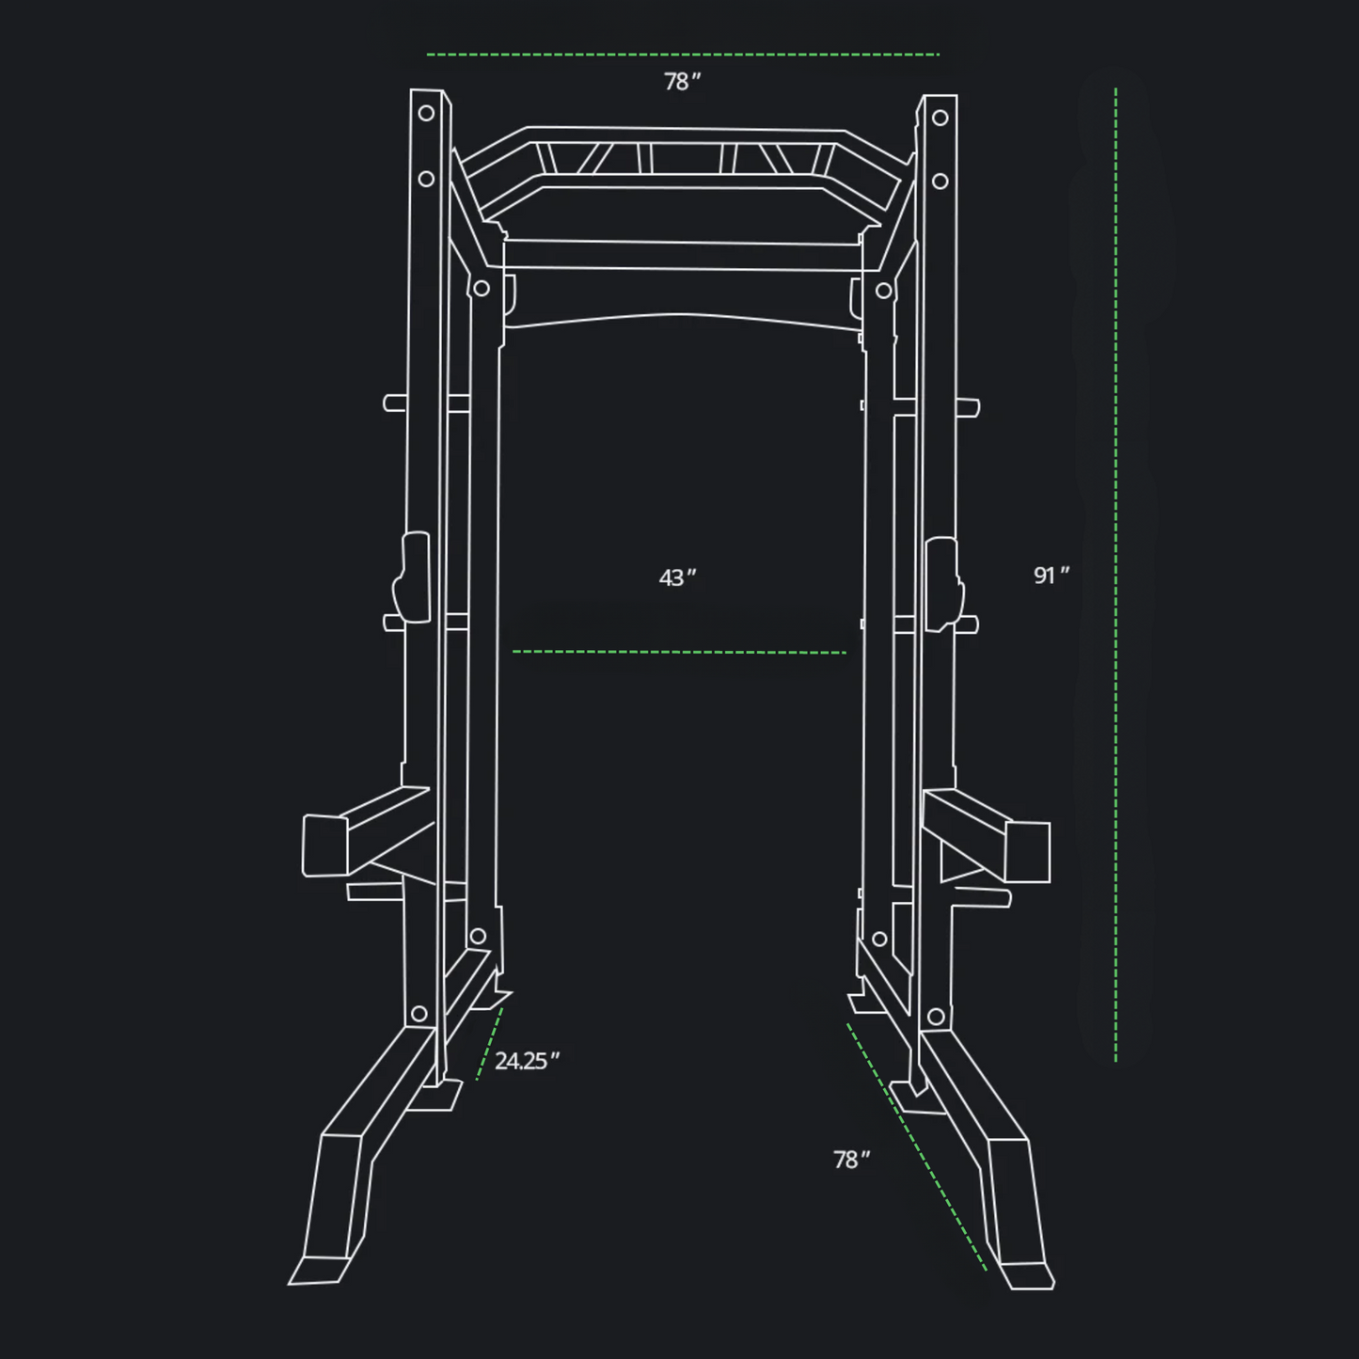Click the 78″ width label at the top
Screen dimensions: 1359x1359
(x=682, y=83)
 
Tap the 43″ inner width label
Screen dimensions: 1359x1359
(x=677, y=577)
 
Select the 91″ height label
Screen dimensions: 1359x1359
(x=1051, y=575)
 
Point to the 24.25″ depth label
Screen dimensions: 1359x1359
(x=527, y=1061)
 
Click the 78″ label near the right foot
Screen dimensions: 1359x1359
(x=851, y=1160)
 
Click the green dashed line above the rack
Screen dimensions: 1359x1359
(x=682, y=55)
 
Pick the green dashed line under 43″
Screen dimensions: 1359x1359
(x=679, y=651)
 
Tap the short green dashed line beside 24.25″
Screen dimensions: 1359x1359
(x=489, y=1044)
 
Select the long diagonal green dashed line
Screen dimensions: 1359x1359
(x=917, y=1147)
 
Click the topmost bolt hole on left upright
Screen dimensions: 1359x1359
(x=426, y=113)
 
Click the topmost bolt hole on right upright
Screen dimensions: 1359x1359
(x=940, y=119)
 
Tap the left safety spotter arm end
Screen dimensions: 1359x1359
(x=324, y=845)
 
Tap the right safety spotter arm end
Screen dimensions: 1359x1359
(x=1028, y=851)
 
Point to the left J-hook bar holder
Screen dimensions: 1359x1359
(x=412, y=578)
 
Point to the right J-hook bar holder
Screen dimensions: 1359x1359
(x=943, y=583)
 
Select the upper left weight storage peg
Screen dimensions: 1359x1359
(x=395, y=403)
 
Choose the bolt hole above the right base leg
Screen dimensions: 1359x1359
(x=936, y=1017)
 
